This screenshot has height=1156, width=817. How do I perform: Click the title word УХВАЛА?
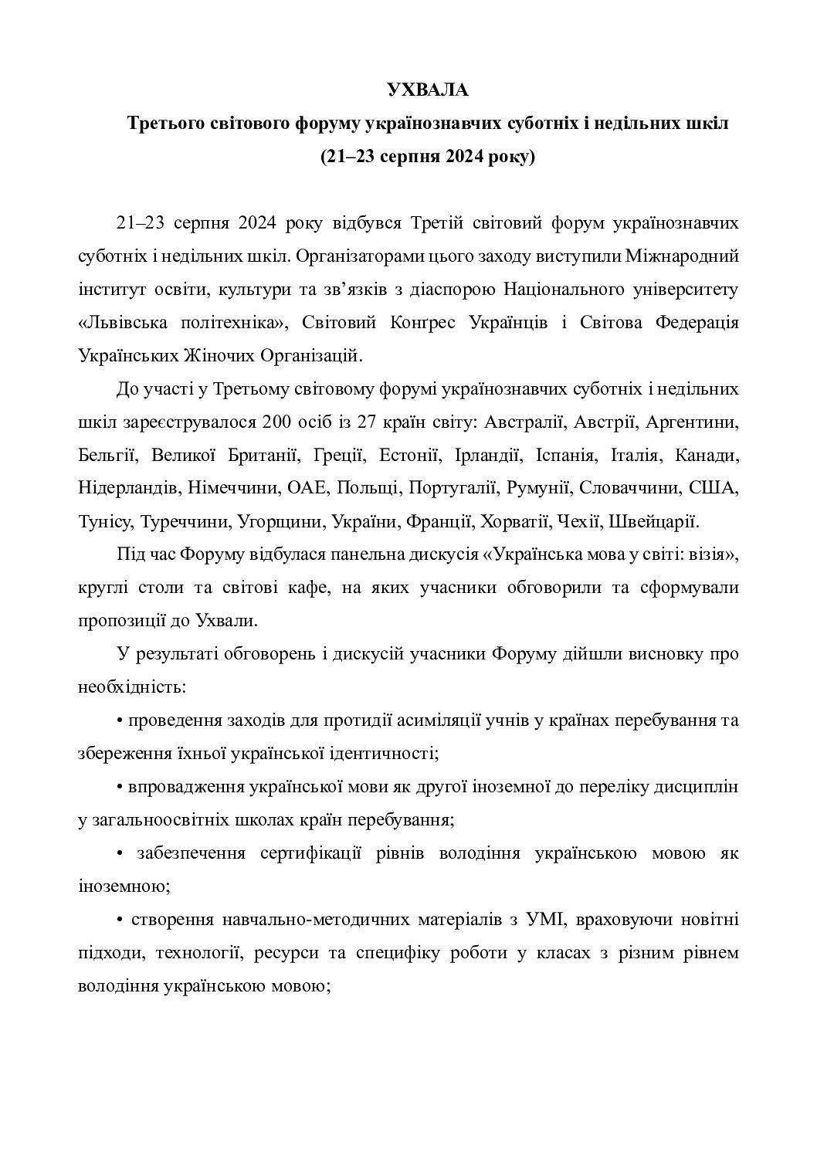point(427,90)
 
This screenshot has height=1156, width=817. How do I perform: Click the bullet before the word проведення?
point(120,721)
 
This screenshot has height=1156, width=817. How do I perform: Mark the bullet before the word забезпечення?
point(120,854)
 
